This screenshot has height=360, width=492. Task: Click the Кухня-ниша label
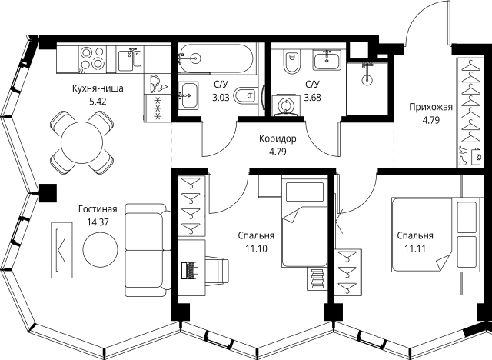(98, 88)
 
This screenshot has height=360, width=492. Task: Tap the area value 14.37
(98, 222)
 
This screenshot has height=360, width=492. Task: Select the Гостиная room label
(98, 209)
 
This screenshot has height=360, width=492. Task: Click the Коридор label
(278, 138)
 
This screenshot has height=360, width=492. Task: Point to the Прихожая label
(430, 108)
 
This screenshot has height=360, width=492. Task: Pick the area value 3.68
(313, 97)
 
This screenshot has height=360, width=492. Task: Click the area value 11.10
(256, 249)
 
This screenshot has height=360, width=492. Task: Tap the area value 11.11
(415, 249)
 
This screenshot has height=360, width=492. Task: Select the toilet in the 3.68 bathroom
(292, 62)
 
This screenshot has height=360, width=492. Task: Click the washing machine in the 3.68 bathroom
(285, 105)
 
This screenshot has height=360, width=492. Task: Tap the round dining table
(82, 143)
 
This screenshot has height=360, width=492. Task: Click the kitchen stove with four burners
(92, 58)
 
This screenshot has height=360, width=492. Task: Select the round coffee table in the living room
(101, 249)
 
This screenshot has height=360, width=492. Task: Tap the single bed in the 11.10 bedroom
(304, 224)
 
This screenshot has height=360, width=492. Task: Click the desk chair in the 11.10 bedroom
(217, 269)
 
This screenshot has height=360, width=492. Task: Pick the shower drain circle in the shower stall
(367, 80)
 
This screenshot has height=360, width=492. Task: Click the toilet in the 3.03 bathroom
(244, 95)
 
